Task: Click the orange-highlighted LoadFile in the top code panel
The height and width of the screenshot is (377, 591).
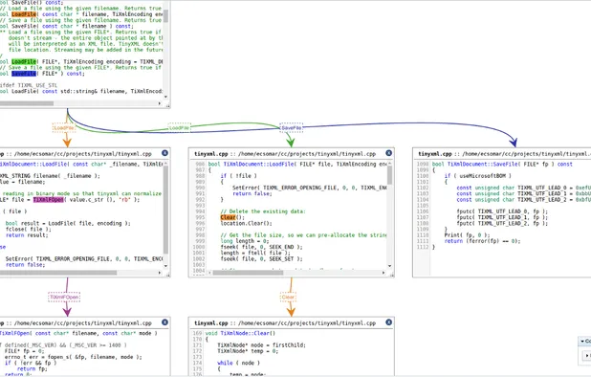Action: (24, 14)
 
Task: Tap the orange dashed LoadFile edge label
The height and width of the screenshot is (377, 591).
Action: (64, 126)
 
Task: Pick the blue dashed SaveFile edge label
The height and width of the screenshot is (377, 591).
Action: (291, 127)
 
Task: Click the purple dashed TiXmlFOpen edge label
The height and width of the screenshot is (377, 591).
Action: (64, 298)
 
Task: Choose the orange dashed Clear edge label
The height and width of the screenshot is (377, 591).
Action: (288, 298)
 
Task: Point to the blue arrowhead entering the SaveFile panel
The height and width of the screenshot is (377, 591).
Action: (513, 144)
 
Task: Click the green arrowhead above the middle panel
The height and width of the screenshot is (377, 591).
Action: (291, 144)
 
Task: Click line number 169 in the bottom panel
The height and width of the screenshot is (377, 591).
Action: (200, 336)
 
